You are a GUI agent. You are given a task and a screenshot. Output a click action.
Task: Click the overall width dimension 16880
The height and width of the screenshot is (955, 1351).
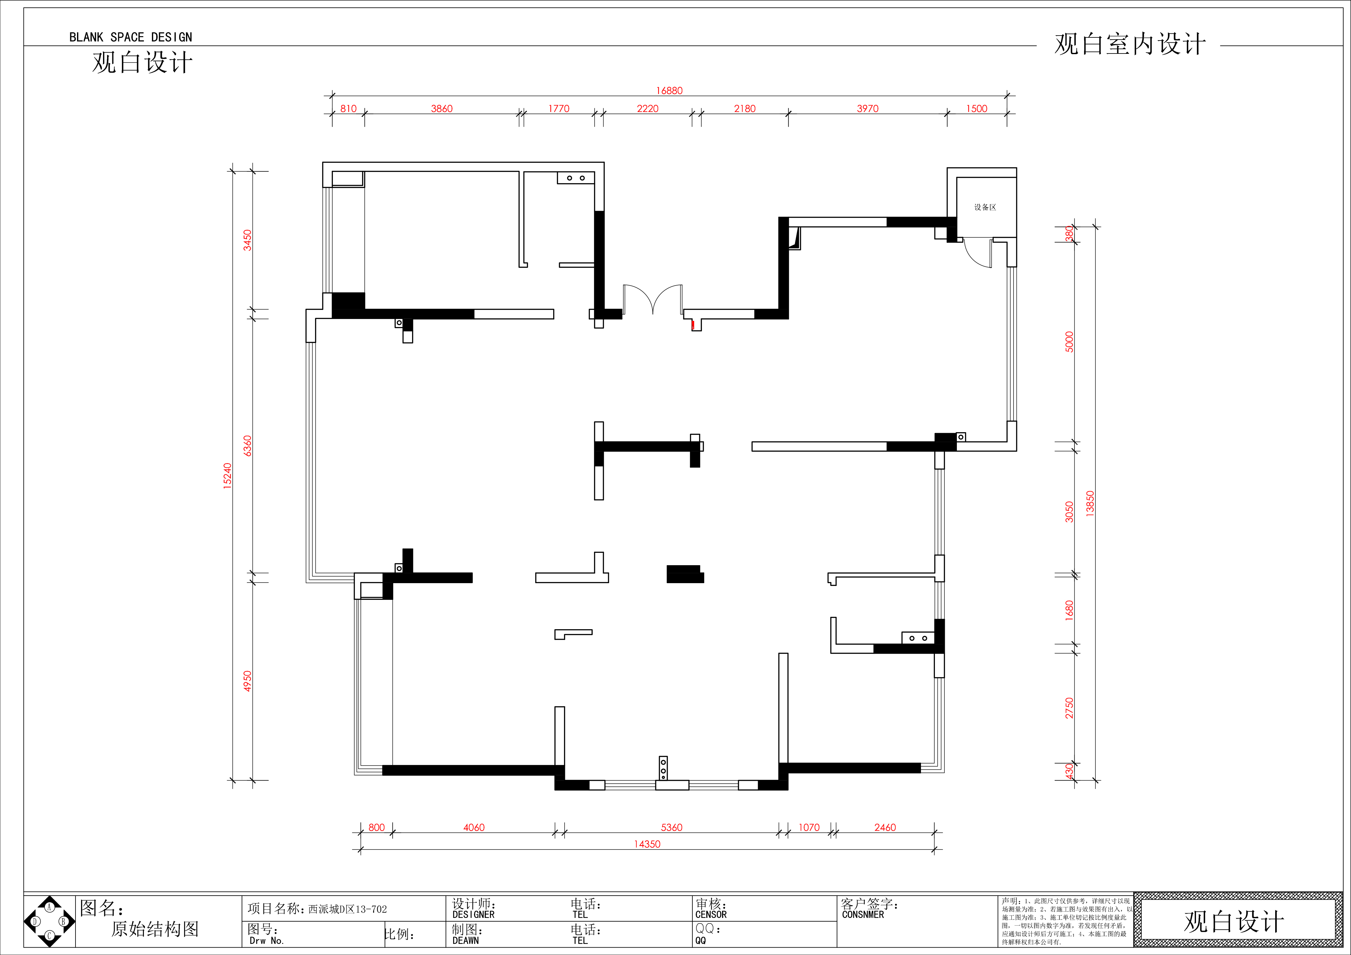669,91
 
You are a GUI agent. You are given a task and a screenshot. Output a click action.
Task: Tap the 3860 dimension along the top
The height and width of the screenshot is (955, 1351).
442,109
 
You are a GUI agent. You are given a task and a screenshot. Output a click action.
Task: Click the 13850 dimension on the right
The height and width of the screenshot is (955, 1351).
1090,504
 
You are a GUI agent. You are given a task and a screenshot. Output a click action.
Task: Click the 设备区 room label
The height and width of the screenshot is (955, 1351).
985,207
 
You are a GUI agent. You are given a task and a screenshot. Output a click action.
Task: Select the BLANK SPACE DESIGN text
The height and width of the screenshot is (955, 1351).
131,37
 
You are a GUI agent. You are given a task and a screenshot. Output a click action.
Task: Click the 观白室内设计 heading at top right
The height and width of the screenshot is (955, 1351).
1130,44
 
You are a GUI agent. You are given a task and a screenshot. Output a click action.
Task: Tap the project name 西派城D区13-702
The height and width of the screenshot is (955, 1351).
348,909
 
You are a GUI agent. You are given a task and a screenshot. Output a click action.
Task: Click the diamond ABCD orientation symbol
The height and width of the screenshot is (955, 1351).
49,922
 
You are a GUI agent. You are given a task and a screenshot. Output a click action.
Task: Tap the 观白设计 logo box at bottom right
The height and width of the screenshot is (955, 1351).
1234,922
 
